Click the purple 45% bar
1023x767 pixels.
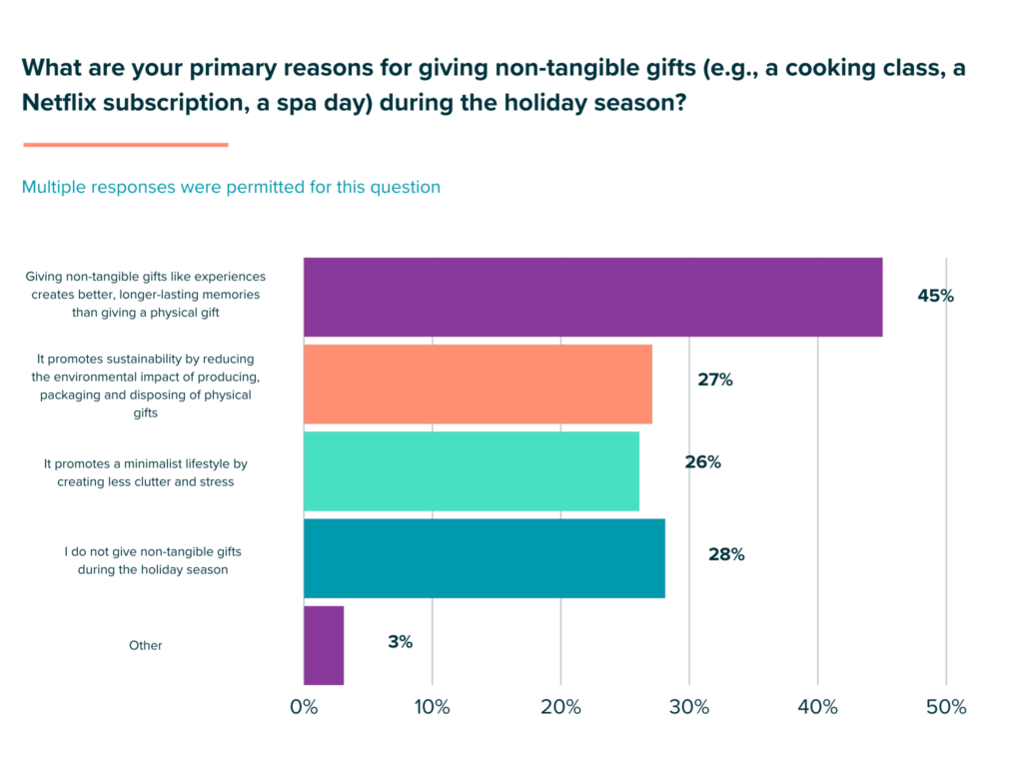(x=592, y=297)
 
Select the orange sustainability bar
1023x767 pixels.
(x=478, y=383)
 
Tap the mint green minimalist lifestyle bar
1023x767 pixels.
(x=471, y=470)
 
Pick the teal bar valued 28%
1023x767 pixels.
(x=484, y=557)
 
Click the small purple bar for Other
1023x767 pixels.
(x=324, y=645)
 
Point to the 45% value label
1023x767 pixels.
(x=935, y=296)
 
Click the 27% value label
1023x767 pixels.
(x=715, y=380)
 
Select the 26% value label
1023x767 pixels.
(x=702, y=462)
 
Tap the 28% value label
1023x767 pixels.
(x=726, y=554)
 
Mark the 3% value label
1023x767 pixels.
(x=400, y=641)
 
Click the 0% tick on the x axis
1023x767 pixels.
(x=304, y=707)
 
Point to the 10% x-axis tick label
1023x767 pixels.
(x=432, y=707)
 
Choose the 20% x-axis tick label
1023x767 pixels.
(x=560, y=707)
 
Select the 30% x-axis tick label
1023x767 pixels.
(x=689, y=707)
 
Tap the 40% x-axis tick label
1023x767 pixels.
(x=817, y=707)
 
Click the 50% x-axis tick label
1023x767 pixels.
(x=946, y=707)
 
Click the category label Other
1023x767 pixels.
(x=146, y=645)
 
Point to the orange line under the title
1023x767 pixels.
(x=126, y=145)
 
